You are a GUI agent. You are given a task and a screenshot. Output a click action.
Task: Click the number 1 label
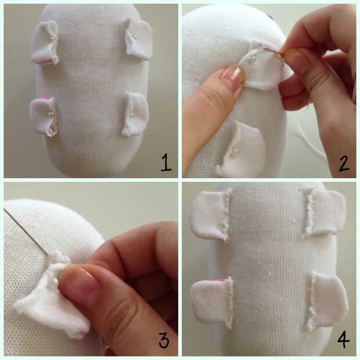pos(166,163)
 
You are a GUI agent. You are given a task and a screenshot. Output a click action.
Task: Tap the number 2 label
pos(344,163)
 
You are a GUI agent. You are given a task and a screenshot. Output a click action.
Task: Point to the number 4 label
pos(344,341)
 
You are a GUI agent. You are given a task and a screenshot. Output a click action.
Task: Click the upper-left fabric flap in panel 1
pos(45,42)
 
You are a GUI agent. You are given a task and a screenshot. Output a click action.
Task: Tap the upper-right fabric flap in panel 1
pos(138,39)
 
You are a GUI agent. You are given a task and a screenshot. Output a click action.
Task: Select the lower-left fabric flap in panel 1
pos(43,116)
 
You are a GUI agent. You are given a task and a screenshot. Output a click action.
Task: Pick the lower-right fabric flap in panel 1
pos(135,114)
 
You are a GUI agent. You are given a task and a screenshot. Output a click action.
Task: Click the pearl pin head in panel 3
pos(55,280)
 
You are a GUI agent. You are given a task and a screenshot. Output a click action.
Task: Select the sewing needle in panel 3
pos(26,232)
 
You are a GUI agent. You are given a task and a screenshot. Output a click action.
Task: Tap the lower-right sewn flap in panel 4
pos(327,300)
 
